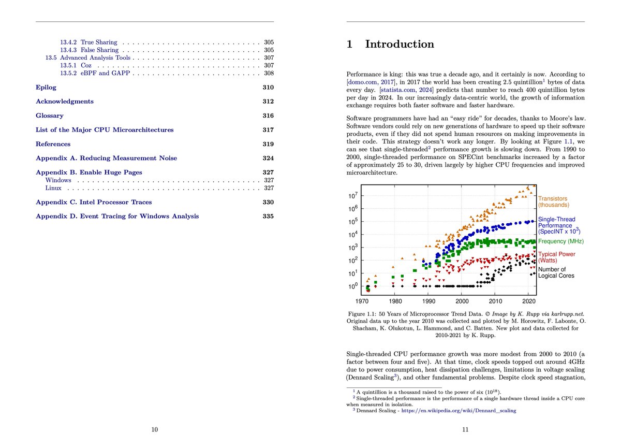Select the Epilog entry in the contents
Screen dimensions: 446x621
point(46,87)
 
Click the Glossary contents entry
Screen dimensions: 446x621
point(50,116)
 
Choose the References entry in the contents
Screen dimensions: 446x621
point(53,144)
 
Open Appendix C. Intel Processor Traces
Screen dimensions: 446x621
point(94,202)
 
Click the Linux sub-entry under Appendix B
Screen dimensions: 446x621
point(53,188)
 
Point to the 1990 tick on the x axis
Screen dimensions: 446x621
point(428,300)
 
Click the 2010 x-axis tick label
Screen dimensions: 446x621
point(496,300)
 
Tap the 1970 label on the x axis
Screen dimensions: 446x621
point(362,300)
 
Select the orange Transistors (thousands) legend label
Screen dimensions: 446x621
point(553,202)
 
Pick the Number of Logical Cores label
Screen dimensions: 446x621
point(556,272)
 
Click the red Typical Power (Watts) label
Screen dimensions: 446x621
point(556,257)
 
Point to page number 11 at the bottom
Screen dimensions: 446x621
point(465,429)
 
